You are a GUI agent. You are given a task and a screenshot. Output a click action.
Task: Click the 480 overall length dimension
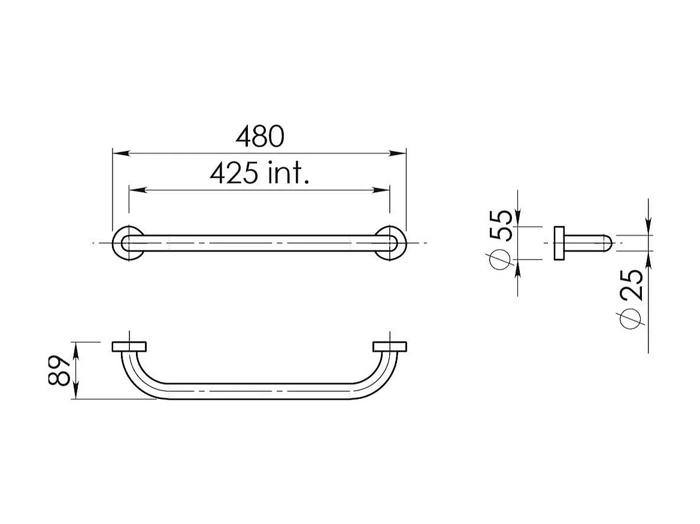(x=260, y=136)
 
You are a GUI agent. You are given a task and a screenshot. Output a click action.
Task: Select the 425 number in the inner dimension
(x=234, y=173)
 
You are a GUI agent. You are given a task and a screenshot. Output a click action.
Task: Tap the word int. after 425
(x=289, y=173)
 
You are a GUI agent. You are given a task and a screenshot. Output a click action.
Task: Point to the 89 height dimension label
(x=59, y=370)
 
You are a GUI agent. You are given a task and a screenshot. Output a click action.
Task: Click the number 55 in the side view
(x=501, y=226)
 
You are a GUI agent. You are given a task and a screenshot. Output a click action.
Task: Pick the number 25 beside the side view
(x=631, y=285)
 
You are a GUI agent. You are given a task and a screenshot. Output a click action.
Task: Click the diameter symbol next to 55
(x=500, y=259)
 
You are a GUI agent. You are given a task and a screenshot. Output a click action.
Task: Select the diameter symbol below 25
(x=631, y=318)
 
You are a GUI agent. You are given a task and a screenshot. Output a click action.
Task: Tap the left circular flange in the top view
(x=128, y=243)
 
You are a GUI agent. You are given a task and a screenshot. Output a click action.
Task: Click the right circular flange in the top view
(x=390, y=243)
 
